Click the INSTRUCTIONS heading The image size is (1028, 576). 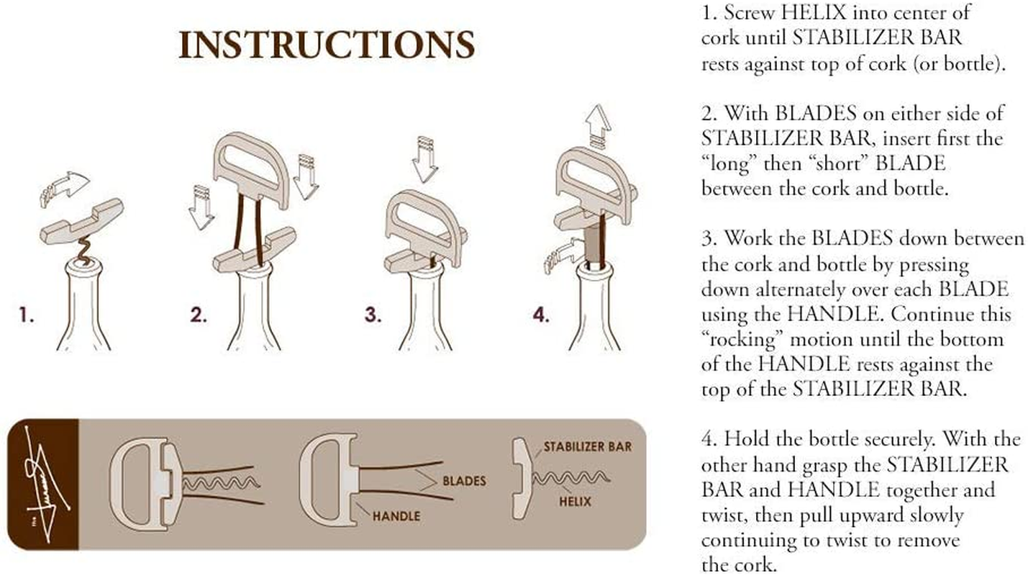[x=327, y=45]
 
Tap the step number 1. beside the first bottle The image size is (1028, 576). [x=27, y=315]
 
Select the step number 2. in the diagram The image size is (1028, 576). [x=198, y=315]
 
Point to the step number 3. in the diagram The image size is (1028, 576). [x=372, y=315]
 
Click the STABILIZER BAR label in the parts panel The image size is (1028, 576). [x=587, y=447]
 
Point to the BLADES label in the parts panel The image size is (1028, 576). [x=464, y=480]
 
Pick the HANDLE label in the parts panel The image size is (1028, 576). [x=396, y=516]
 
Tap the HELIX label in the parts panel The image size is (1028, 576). [x=575, y=500]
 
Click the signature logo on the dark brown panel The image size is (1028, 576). [x=43, y=484]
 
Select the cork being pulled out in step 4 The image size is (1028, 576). [x=592, y=245]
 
